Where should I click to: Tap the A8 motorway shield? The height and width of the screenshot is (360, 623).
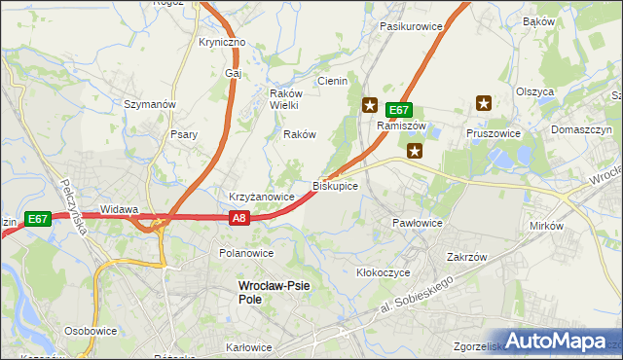point(240,220)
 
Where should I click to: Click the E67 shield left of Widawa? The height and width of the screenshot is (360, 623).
point(38,220)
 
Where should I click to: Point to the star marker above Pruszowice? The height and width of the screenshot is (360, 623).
point(484,102)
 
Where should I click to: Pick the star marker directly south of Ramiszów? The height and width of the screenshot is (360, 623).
point(415,150)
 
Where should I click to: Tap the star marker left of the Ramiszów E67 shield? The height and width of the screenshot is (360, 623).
point(370,104)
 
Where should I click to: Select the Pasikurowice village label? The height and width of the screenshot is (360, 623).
point(412,26)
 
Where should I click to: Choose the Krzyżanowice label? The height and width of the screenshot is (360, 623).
point(261,197)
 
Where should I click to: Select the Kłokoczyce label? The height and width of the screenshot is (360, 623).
point(384,273)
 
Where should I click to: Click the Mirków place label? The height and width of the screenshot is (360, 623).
point(547,226)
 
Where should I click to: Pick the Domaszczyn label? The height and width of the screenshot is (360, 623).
point(581,129)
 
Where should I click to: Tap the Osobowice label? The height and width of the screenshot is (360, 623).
point(91,331)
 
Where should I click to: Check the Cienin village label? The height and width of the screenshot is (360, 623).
point(331,81)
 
